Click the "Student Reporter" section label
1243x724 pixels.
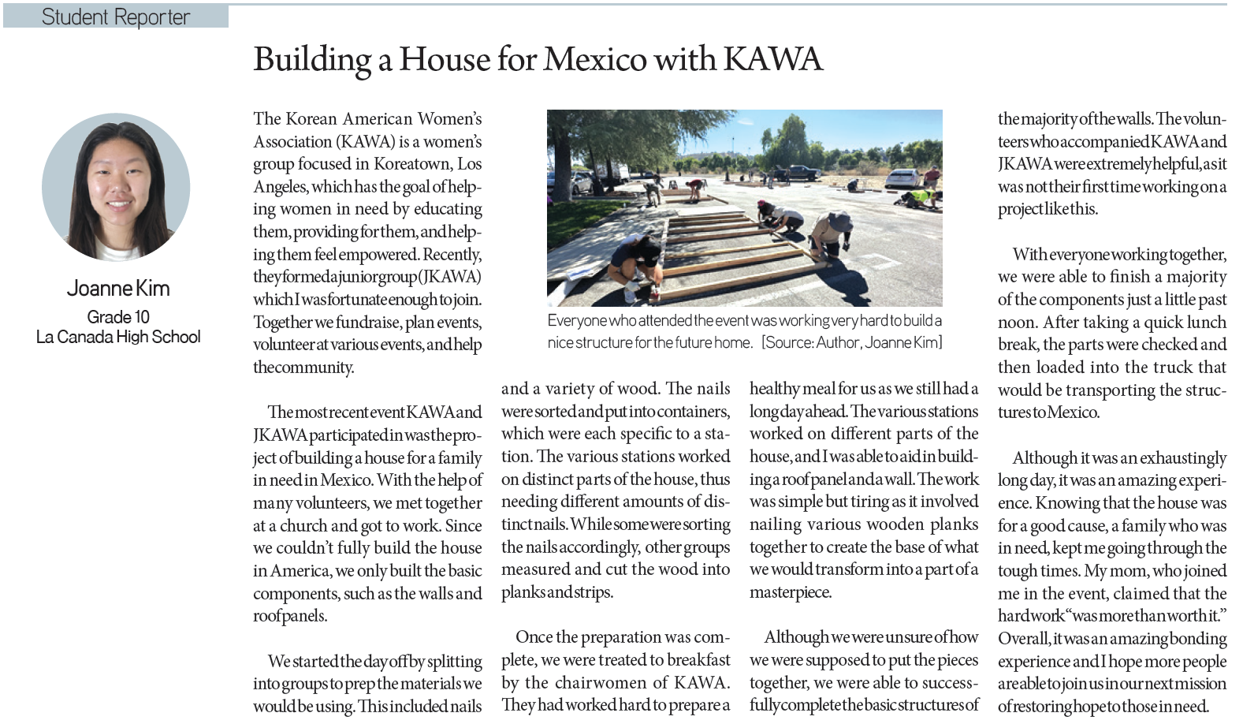(115, 17)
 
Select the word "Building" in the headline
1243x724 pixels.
(312, 60)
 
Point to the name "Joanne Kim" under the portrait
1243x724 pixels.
(118, 289)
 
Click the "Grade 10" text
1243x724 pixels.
(118, 317)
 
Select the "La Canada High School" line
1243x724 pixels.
(118, 338)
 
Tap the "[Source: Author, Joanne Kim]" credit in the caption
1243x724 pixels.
(851, 343)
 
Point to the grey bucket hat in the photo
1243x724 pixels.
(839, 223)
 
